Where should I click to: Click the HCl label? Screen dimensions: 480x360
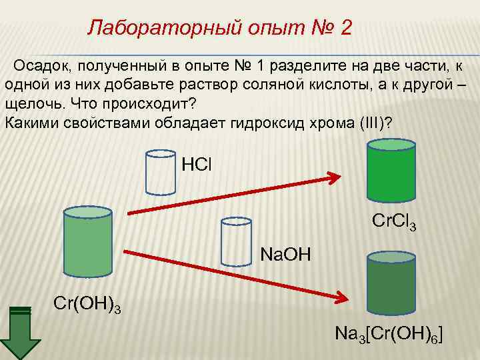tap(196, 163)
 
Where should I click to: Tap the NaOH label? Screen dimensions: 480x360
tap(284, 254)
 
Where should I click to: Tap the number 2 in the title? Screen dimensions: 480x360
tap(345, 28)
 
